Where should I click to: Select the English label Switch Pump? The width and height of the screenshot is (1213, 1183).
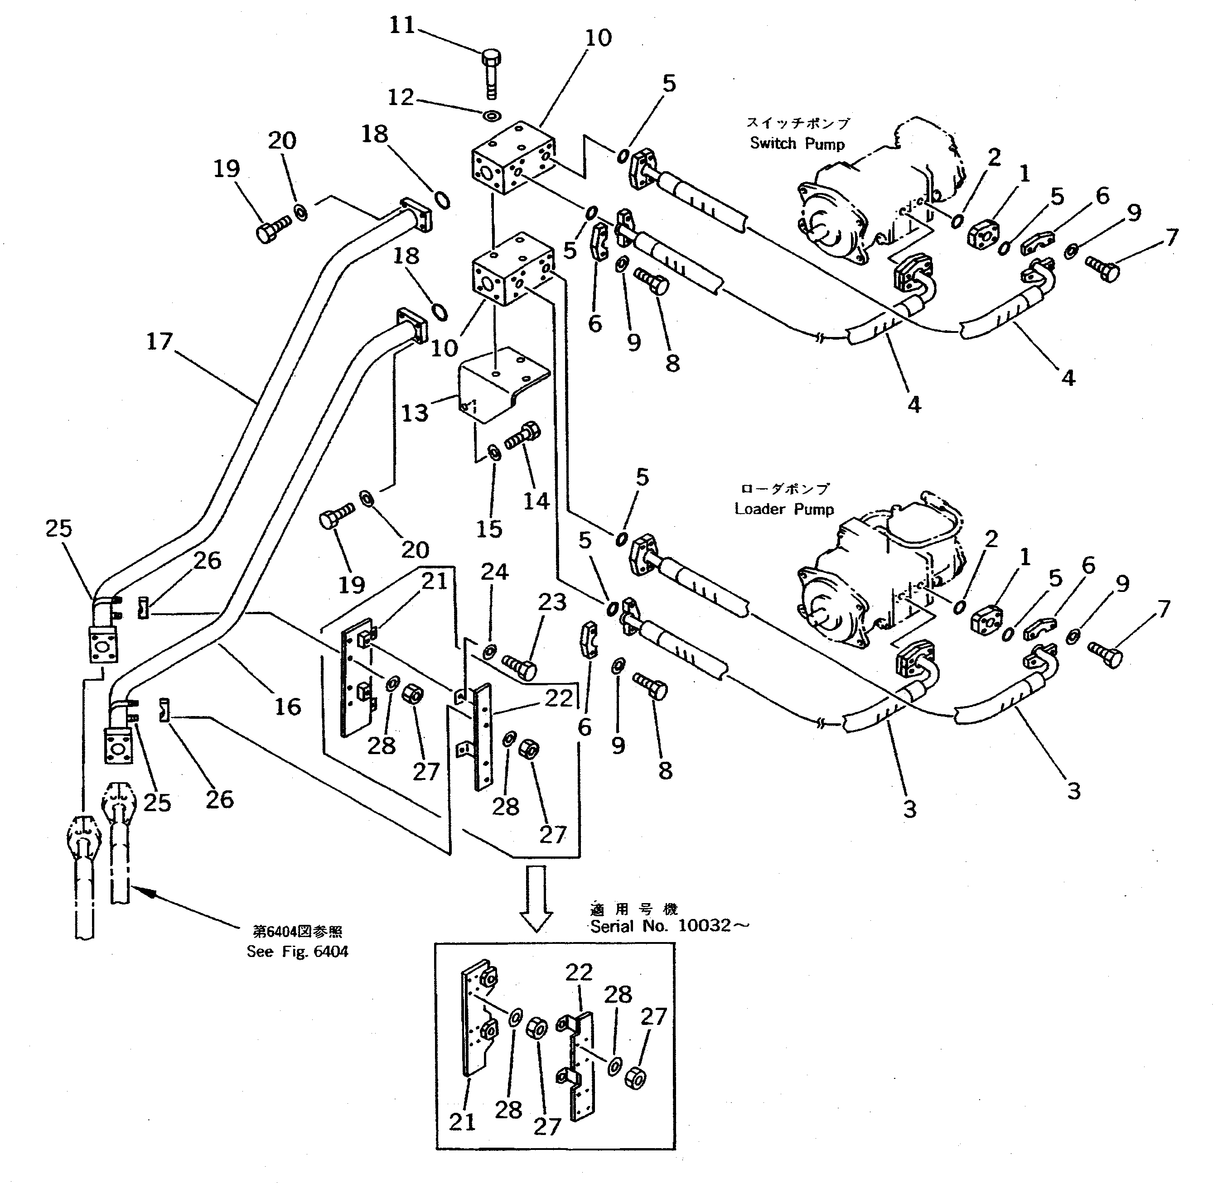tap(797, 144)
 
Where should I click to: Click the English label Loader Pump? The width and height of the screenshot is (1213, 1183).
tap(783, 509)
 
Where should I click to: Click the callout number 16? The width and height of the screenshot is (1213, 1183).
tap(288, 707)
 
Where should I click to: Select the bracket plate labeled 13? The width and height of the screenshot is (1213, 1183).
tap(501, 385)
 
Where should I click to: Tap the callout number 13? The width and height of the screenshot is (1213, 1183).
tap(415, 413)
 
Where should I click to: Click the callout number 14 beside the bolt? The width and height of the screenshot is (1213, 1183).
tap(536, 501)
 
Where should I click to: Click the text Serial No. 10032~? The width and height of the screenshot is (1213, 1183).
tap(670, 926)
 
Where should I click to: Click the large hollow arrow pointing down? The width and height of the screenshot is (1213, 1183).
tap(535, 897)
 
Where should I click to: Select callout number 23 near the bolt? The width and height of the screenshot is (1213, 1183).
tap(552, 601)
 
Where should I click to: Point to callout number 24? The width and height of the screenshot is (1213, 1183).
tap(494, 572)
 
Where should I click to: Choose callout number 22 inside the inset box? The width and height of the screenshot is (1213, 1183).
tap(578, 972)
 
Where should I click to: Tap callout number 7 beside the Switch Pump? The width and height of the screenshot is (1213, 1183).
tap(1172, 237)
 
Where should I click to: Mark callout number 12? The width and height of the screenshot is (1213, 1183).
tap(401, 97)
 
